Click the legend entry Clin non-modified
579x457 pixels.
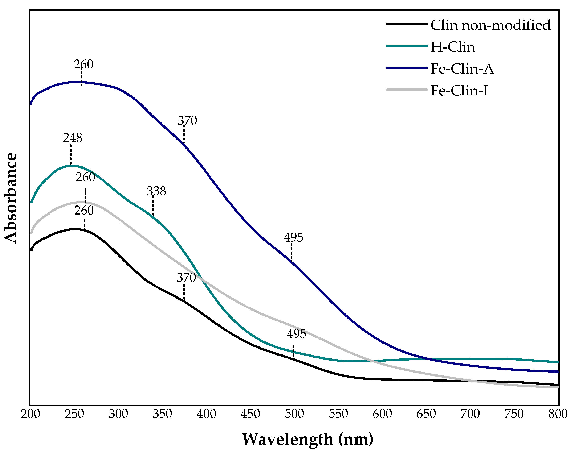coord(490,25)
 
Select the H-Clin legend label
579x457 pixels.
coord(453,47)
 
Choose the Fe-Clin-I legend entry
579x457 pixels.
coord(459,91)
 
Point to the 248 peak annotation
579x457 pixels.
coord(73,138)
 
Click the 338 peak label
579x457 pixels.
coord(156,191)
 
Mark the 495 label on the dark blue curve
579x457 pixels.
coord(293,238)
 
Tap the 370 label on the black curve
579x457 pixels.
coord(186,278)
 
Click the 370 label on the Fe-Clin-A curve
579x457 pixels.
coord(187,121)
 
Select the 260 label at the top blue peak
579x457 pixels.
coord(83,65)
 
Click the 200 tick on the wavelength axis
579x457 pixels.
coord(30,414)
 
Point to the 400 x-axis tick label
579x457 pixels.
coord(206,414)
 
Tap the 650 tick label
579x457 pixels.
coord(426,414)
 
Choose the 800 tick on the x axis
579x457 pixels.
coord(558,414)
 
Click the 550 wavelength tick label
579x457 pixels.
coord(338,414)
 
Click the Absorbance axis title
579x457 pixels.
coord(11,198)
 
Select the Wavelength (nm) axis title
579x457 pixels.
coord(307,439)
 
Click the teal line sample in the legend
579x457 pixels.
coord(407,46)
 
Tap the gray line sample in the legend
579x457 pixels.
coord(407,90)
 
